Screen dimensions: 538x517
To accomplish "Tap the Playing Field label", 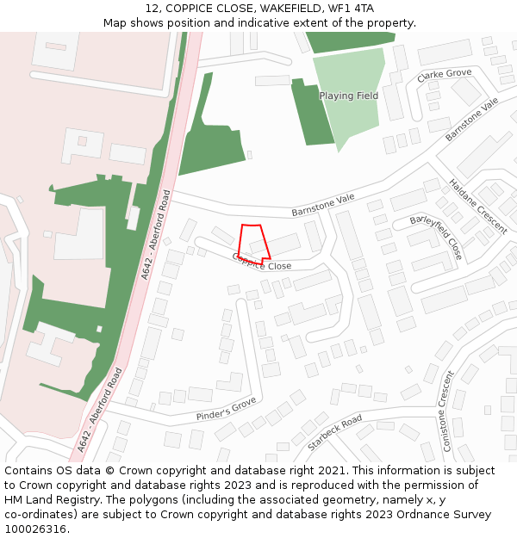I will (x=348, y=96).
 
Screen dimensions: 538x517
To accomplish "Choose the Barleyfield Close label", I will (x=437, y=238).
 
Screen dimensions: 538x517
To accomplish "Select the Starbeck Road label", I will (x=334, y=433).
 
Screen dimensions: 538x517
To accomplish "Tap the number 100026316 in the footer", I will (x=34, y=529).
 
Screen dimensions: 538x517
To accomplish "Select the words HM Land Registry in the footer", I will (x=46, y=500).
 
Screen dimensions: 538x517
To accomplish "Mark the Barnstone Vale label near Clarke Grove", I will (x=472, y=120).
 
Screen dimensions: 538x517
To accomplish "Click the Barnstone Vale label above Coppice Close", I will (x=322, y=204).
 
